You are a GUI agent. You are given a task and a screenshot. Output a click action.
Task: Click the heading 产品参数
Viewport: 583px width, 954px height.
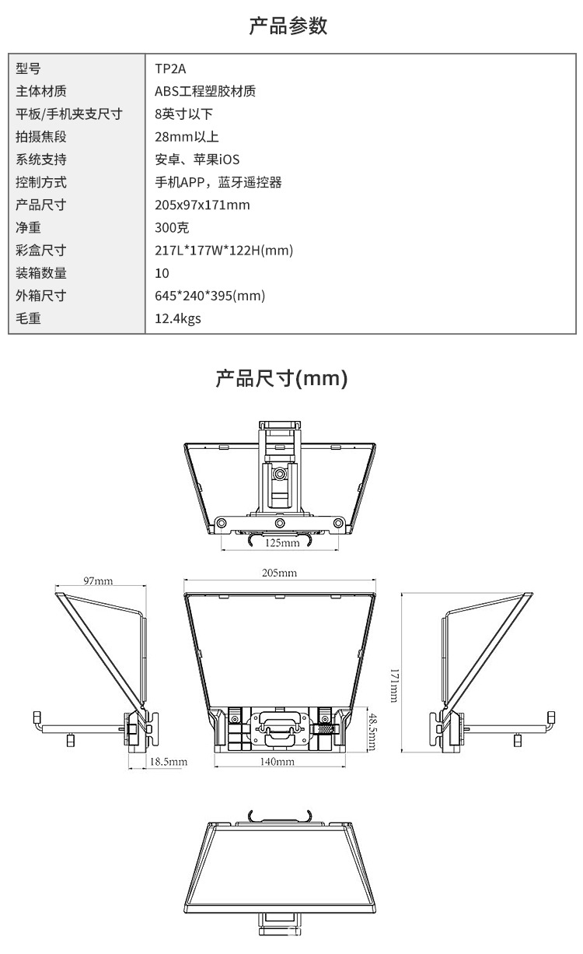[x=288, y=26]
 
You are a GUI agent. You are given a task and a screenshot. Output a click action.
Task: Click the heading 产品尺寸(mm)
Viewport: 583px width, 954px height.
[x=281, y=379]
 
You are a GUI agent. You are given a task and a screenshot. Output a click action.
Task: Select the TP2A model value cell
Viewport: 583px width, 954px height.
[x=170, y=68]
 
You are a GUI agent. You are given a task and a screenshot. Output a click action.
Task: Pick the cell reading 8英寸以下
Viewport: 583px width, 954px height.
[x=183, y=114]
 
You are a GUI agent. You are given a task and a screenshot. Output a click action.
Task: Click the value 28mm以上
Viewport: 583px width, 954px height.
[x=187, y=137]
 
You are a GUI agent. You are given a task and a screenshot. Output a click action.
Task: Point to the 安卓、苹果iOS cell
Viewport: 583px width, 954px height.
[x=197, y=160]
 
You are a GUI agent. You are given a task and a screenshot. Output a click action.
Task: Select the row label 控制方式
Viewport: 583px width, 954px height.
[x=41, y=182]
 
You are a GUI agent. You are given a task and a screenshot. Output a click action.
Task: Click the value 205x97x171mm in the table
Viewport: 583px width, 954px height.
[x=202, y=205]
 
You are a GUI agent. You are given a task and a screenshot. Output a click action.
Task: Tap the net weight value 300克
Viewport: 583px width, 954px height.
[x=172, y=228]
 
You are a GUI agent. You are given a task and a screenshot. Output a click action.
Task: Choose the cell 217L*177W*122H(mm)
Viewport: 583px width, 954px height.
[x=224, y=251]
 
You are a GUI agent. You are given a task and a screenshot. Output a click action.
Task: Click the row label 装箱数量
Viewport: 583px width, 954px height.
[x=41, y=273]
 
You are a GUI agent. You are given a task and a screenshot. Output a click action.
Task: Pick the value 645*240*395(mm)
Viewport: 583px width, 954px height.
[x=210, y=296]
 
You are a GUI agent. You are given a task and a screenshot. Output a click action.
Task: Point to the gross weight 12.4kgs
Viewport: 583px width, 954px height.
[x=178, y=318]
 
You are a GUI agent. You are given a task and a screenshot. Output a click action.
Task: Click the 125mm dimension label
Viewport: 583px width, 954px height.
[x=282, y=542]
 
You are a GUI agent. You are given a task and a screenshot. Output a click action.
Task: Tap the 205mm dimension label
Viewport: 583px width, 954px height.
[x=280, y=573]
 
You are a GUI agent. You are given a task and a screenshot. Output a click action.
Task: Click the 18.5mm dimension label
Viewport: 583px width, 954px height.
[x=169, y=762]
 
